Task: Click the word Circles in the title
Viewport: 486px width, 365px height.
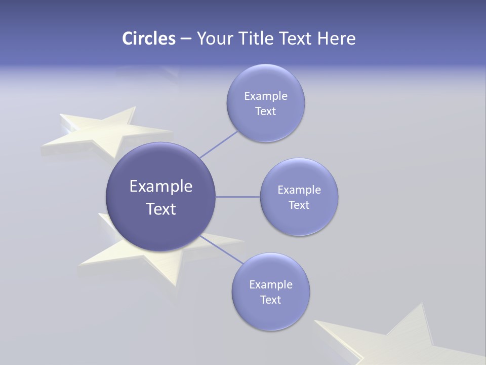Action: pos(148,39)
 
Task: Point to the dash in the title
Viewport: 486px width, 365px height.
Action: pos(186,39)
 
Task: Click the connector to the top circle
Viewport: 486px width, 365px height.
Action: pos(219,144)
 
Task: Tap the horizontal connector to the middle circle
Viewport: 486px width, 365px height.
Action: pos(237,197)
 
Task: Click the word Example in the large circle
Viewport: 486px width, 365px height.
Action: pos(161,187)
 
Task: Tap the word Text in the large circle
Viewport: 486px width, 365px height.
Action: pos(161,209)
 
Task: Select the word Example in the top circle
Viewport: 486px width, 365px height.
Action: pos(266,96)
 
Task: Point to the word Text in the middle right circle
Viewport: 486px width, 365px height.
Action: pos(299,205)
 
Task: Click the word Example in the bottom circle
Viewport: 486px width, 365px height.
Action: pos(271,285)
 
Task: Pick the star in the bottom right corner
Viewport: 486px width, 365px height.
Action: pos(400,340)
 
